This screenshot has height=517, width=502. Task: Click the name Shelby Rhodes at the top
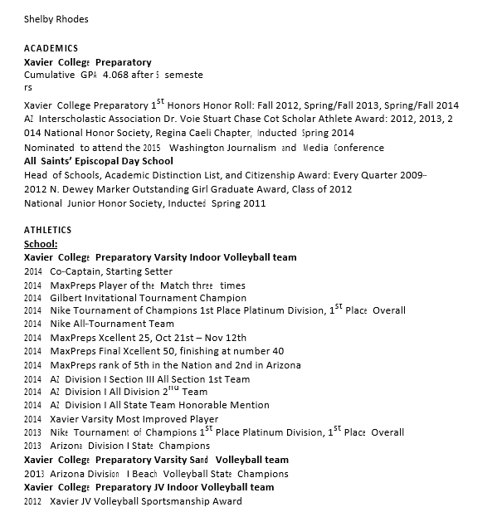click(56, 19)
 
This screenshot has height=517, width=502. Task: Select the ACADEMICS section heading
click(51, 48)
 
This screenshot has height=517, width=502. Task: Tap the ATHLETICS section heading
click(48, 230)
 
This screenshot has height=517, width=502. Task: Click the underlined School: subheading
click(41, 244)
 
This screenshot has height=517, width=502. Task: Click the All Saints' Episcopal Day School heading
click(99, 161)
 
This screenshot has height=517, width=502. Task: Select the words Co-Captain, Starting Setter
click(111, 271)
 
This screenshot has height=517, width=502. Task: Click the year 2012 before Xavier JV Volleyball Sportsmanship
click(32, 501)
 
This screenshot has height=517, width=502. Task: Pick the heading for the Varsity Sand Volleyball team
click(157, 460)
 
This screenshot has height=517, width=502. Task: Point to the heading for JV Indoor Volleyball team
click(149, 487)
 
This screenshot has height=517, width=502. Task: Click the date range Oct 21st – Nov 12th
click(196, 338)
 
